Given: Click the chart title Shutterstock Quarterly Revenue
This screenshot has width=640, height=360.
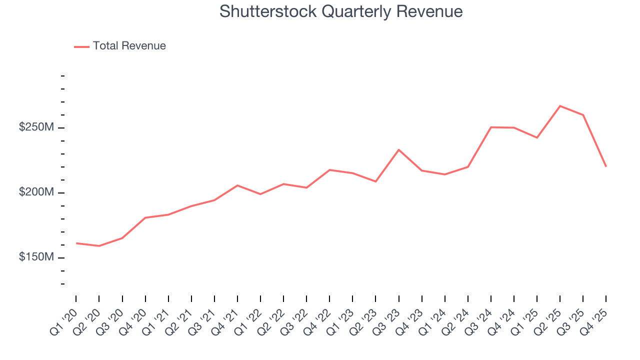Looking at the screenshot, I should [x=341, y=11].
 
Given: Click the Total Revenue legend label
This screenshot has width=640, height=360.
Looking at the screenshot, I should [x=129, y=46].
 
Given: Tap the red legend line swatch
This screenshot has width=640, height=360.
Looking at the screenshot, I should [x=81, y=46].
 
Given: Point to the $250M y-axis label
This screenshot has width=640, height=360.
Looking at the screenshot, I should [x=36, y=127].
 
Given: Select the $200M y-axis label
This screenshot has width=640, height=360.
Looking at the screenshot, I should [x=36, y=192].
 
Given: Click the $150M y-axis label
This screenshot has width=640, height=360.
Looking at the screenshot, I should [x=36, y=257].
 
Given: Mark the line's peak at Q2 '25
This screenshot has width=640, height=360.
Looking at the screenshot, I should [x=560, y=106].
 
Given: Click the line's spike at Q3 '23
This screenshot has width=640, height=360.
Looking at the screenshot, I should [x=399, y=149].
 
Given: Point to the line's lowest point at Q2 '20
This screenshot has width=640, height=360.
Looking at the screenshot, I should [x=99, y=246].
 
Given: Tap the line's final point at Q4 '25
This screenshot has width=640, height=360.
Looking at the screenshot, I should [x=606, y=166].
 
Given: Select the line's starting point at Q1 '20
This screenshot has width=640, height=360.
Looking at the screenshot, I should [x=76, y=243].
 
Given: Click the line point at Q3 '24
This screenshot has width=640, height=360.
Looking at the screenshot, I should [x=491, y=127].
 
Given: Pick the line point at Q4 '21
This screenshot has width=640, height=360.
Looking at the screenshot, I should [x=237, y=185].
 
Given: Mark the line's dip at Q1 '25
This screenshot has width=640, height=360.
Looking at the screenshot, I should [x=537, y=137].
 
